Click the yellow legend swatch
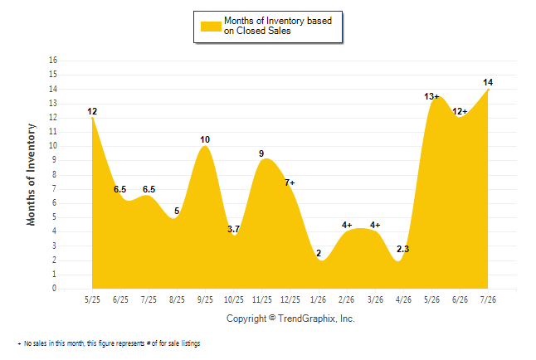click(x=211, y=27)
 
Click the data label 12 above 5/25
click(x=92, y=111)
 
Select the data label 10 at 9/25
click(x=205, y=139)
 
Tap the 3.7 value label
click(x=233, y=229)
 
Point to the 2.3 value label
click(x=402, y=249)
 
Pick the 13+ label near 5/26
click(x=431, y=97)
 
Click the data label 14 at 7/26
click(x=488, y=82)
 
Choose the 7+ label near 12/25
click(x=290, y=183)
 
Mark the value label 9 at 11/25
click(x=261, y=153)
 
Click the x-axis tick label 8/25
click(x=177, y=299)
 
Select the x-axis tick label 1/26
click(x=318, y=299)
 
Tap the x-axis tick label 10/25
click(x=233, y=299)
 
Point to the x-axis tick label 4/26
click(x=403, y=299)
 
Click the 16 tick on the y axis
click(x=53, y=61)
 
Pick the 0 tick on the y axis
click(x=55, y=288)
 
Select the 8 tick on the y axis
click(x=55, y=174)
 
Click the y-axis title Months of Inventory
click(x=31, y=175)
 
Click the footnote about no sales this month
click(x=109, y=343)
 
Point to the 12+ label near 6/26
click(x=460, y=111)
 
